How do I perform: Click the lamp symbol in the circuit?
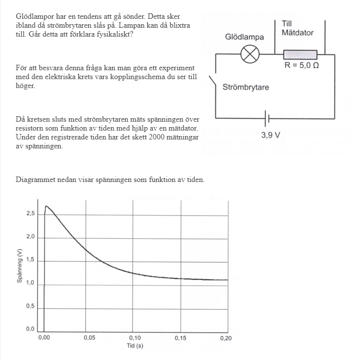250,55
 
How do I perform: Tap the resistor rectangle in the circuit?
300,54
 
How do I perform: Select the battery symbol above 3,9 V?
268,119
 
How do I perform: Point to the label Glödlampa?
244,37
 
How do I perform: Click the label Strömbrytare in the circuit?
246,88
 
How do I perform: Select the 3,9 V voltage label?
268,135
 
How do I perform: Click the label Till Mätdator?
297,28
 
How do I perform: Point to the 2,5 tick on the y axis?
31,214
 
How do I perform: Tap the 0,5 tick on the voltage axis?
31,306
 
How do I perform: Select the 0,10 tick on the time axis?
134,338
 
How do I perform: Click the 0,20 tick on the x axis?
226,338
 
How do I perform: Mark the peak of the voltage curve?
46,206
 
